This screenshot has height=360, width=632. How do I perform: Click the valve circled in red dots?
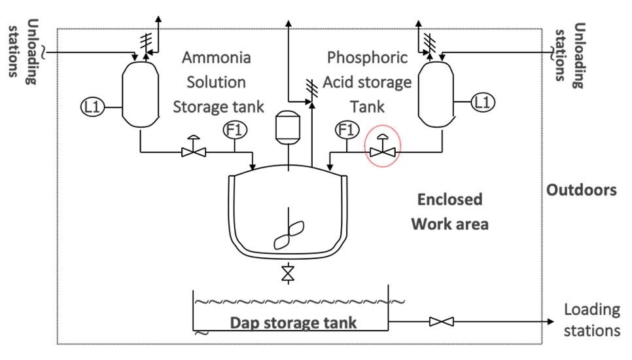point(383,151)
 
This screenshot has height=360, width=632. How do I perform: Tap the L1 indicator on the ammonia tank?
point(92,105)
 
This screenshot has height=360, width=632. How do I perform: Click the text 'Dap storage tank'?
point(293,323)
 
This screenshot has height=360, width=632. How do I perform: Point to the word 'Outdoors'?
point(582,190)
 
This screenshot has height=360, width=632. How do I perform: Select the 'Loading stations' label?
point(591,319)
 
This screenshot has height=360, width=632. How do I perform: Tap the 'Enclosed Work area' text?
point(449,211)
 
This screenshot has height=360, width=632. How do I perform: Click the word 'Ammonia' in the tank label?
point(216,57)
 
